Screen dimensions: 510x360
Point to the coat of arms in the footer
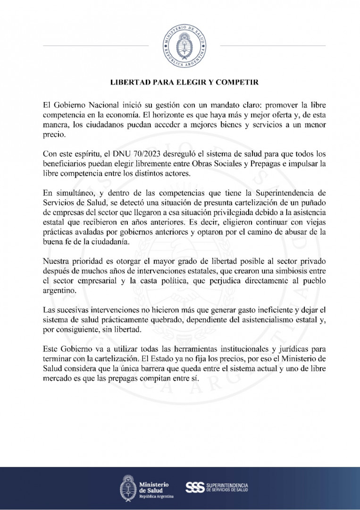point(127,488)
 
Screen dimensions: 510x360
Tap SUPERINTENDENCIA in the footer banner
point(227,485)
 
